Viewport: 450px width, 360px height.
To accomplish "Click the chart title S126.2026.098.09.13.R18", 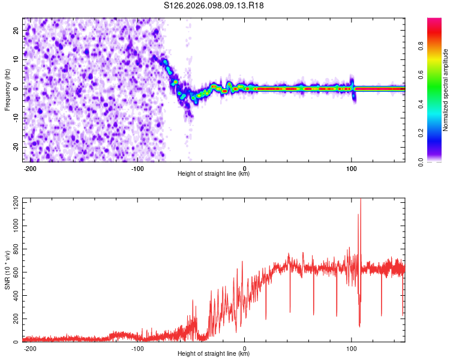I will pyautogui.click(x=214, y=5).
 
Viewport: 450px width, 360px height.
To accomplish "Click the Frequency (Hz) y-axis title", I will pyautogui.click(x=7, y=89).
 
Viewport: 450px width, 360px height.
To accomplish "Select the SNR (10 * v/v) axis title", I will pyautogui.click(x=7, y=271).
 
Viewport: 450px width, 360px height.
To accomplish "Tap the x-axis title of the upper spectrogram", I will pyautogui.click(x=214, y=174).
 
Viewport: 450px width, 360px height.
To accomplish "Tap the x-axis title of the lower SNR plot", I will pyautogui.click(x=214, y=354).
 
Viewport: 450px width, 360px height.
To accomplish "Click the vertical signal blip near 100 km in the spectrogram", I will pyautogui.click(x=353, y=88).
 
